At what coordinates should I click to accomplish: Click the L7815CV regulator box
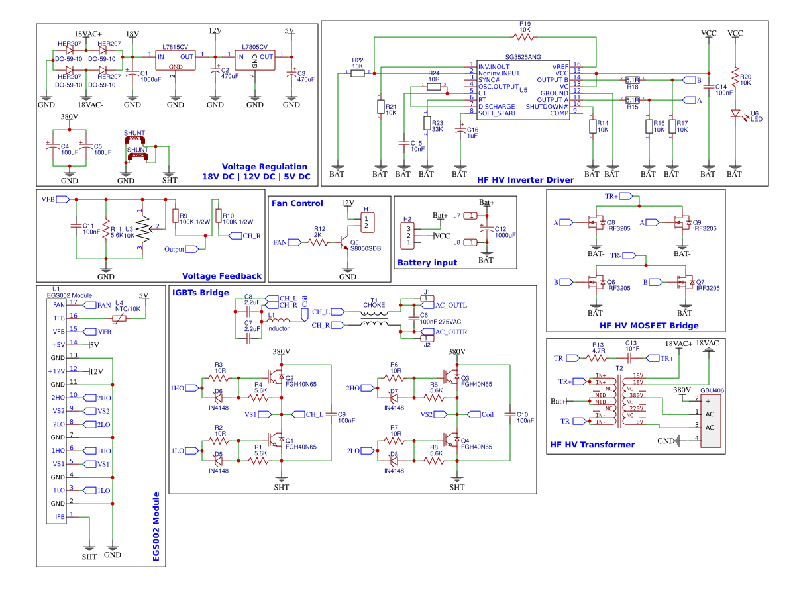pos(176,60)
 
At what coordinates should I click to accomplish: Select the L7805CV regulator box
pos(254,60)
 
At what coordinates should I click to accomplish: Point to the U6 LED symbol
pos(735,114)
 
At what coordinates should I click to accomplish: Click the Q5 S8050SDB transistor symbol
pos(344,242)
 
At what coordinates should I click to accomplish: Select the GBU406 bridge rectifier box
pos(711,420)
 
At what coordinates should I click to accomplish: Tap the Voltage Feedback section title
pos(221,276)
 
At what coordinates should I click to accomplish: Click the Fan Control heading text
pos(297,203)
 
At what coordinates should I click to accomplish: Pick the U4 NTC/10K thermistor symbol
pos(119,318)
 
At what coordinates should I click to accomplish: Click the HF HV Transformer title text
pos(592,445)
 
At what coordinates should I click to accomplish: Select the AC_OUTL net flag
pos(450,305)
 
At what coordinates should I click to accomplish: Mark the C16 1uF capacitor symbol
pos(460,132)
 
